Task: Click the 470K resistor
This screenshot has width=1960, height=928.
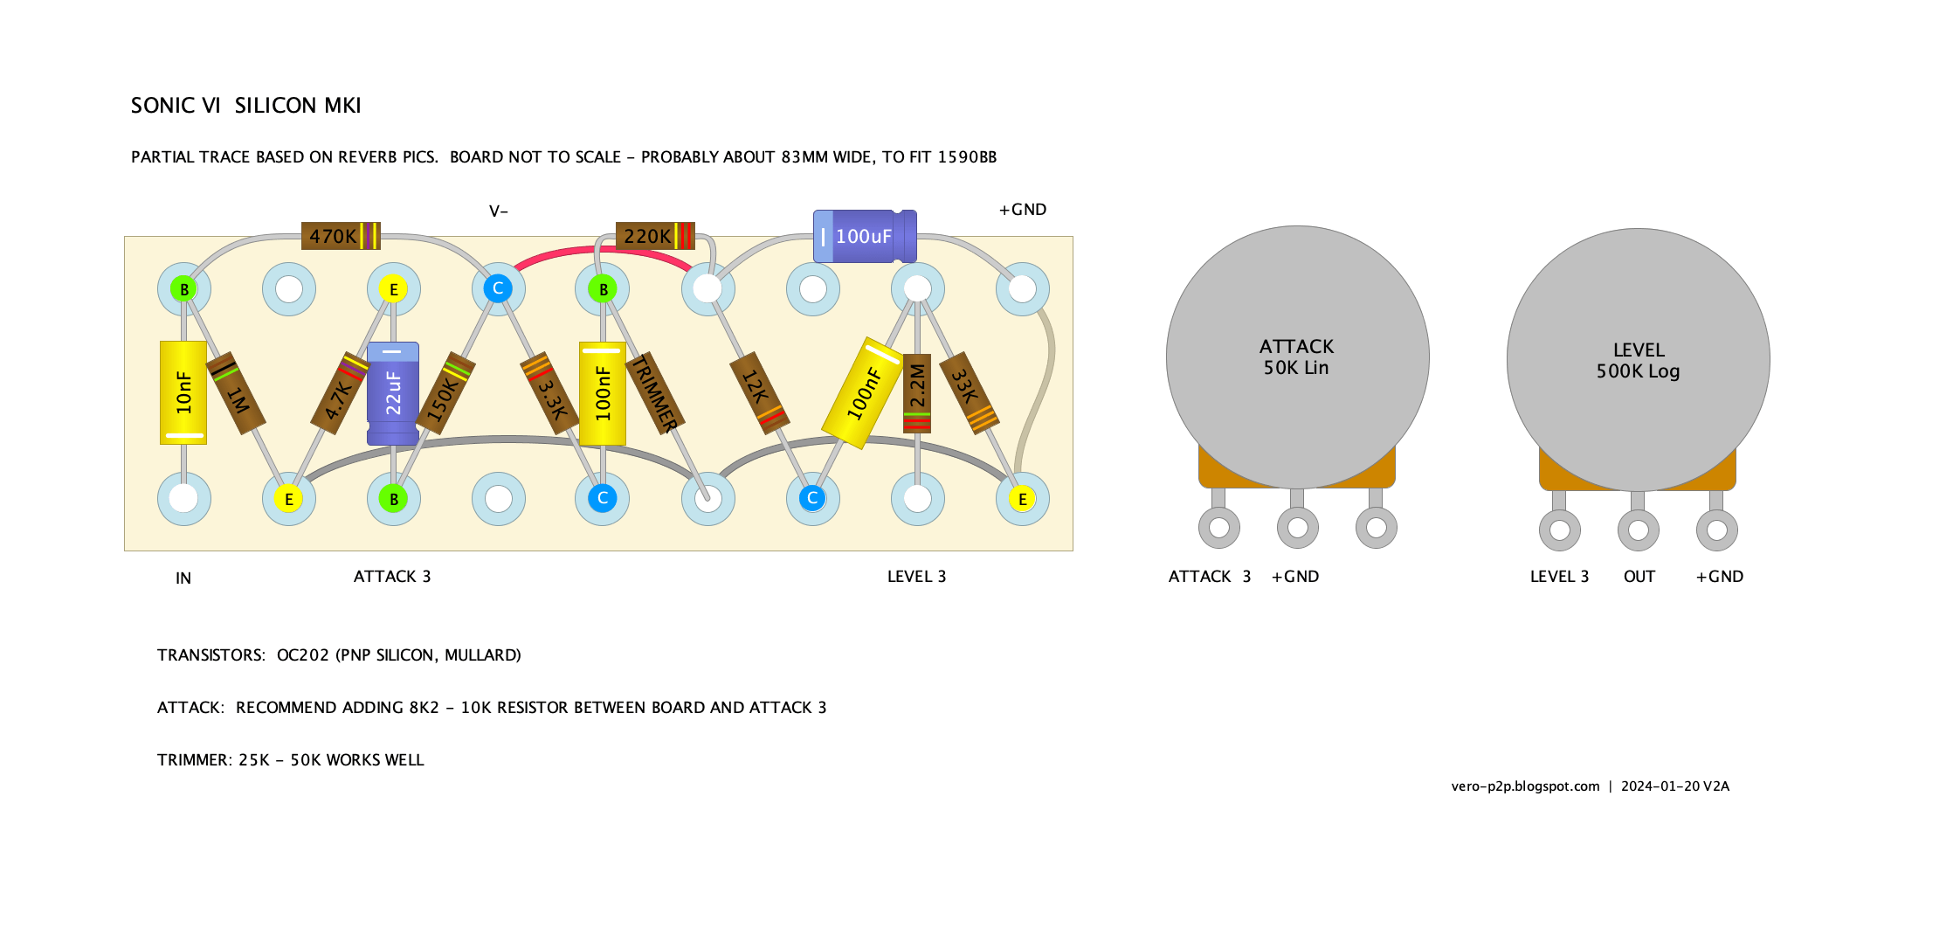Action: [x=341, y=236]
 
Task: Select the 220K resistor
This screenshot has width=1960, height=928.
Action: [x=655, y=236]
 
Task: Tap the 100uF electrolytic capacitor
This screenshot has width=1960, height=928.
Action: [x=865, y=236]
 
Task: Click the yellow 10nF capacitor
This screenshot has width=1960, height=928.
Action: [x=183, y=392]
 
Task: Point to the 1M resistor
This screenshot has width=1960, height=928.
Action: [x=236, y=393]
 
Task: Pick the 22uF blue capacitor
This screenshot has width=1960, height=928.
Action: [x=393, y=393]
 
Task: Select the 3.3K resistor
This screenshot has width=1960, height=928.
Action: [x=549, y=393]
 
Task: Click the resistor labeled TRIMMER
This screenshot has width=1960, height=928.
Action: [x=656, y=393]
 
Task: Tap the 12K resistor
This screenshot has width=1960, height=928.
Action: [x=759, y=393]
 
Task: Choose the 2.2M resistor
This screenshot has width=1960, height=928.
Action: [x=917, y=393]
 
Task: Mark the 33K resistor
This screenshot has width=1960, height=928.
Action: [x=970, y=393]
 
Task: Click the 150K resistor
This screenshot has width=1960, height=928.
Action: [x=445, y=393]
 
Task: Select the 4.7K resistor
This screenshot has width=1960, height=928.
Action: [x=342, y=393]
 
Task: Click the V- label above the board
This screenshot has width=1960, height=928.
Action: [x=499, y=211]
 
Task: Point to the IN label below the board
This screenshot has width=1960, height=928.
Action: [x=183, y=578]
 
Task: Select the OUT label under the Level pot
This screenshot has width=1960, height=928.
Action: [x=1639, y=577]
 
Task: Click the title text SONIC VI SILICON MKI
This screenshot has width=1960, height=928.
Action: [x=245, y=106]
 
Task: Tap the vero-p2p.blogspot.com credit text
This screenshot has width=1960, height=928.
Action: [x=1525, y=786]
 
